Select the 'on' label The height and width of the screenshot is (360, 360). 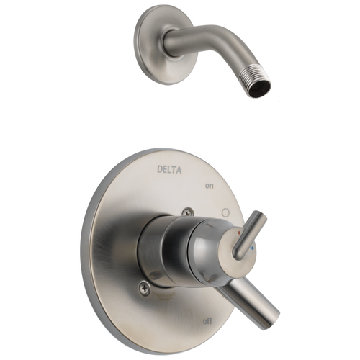tap(210, 186)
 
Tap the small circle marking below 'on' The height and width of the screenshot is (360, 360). tap(225, 213)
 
